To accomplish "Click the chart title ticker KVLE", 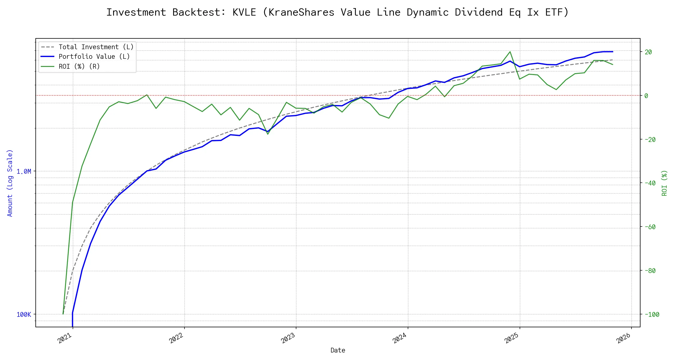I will tap(244, 12).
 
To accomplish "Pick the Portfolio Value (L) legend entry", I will tap(94, 57).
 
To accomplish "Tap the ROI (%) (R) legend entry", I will tap(79, 66).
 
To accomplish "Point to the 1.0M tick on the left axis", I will tap(24, 172).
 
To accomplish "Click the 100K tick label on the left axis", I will tap(24, 314).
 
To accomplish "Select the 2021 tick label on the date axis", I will tap(65, 338).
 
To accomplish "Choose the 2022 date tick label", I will tap(176, 338).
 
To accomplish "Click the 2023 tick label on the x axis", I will tap(288, 338).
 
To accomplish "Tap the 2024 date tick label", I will tap(400, 338).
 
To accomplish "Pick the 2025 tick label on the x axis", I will tap(512, 338).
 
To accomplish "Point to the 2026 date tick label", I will tap(624, 338).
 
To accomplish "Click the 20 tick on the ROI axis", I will tap(648, 52).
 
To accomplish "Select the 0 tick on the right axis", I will tap(646, 96).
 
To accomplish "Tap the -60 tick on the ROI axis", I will tap(650, 227).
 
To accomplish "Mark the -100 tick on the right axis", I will tap(651, 314).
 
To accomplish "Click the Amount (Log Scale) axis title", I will tap(10, 183).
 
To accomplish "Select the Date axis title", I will tap(338, 350).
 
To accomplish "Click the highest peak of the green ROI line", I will tap(510, 52).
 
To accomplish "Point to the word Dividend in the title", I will tap(478, 12).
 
